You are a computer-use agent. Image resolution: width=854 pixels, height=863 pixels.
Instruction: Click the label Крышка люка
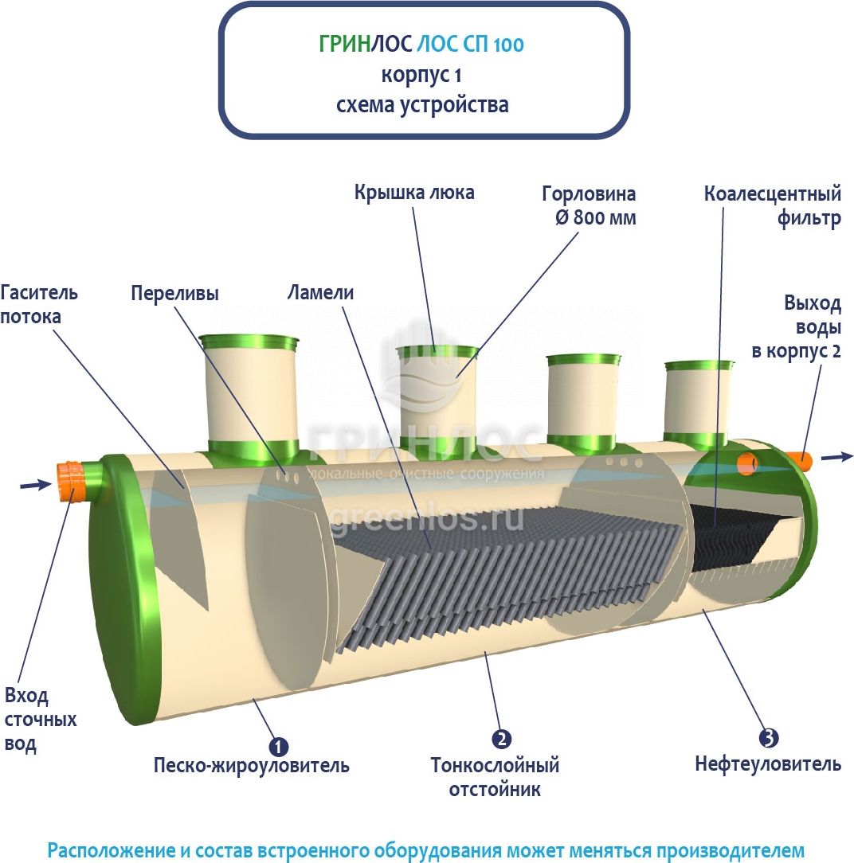[414, 192]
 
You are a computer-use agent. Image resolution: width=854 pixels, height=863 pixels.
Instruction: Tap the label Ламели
[320, 293]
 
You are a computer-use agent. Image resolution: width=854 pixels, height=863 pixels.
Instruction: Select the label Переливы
[174, 293]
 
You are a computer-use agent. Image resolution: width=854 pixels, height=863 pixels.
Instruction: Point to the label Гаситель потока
[39, 304]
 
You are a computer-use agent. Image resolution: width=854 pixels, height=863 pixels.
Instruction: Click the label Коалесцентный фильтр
[772, 205]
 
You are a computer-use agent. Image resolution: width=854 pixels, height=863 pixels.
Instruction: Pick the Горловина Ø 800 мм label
[589, 205]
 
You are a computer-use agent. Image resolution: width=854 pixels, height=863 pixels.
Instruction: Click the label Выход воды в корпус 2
[797, 326]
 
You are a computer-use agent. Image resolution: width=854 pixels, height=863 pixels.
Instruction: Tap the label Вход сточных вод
[41, 720]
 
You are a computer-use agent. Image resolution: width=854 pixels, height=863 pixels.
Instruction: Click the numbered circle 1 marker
[279, 746]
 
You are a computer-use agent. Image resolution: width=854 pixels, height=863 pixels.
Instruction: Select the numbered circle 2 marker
[501, 739]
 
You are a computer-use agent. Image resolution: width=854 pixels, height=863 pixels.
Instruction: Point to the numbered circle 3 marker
[768, 738]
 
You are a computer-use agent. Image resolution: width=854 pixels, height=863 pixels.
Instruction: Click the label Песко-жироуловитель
[251, 766]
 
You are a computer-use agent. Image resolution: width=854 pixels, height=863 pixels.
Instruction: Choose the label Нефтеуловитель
[767, 764]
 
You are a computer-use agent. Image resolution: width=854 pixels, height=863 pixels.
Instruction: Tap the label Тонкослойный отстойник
[495, 777]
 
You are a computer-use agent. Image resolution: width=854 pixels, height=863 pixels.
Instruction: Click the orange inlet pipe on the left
[70, 480]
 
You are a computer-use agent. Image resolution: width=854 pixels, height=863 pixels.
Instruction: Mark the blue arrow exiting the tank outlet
[836, 457]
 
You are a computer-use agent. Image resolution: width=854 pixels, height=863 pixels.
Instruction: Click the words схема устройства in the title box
[422, 104]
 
